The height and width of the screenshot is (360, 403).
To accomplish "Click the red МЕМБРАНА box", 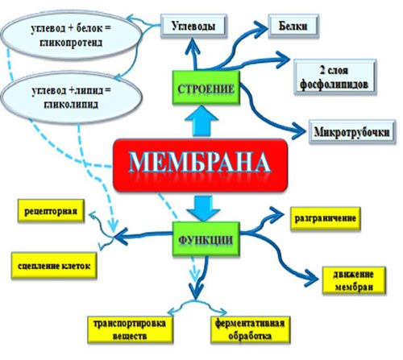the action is [x=201, y=165].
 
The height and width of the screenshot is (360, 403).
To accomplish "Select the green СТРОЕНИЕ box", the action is [x=206, y=88].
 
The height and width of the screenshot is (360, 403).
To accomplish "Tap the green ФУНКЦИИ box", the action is [x=206, y=238].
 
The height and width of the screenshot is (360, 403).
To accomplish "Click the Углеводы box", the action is [x=193, y=26].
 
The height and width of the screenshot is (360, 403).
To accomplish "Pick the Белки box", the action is [x=293, y=26].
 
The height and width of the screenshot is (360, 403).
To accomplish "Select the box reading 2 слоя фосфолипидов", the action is [x=334, y=77].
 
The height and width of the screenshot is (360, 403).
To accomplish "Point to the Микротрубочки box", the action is [x=352, y=132].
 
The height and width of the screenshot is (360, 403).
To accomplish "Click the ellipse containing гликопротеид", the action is [x=71, y=35].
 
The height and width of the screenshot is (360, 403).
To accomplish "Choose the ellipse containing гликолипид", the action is [x=71, y=97].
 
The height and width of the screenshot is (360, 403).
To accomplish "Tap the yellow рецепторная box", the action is [x=51, y=211].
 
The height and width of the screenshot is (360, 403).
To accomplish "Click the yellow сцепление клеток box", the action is [x=54, y=266].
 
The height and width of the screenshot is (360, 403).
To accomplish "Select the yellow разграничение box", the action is [x=326, y=218].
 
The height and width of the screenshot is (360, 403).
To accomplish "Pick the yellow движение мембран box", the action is [x=354, y=280].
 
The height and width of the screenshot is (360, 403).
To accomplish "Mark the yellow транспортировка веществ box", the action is [x=130, y=329].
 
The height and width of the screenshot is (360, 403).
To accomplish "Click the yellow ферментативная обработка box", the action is [x=251, y=329].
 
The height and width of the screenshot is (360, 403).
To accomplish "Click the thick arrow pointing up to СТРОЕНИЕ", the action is [x=201, y=122].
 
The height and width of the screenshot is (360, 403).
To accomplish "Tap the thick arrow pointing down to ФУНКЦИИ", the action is [x=204, y=208].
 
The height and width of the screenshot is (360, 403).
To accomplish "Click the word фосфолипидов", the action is [x=334, y=85].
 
